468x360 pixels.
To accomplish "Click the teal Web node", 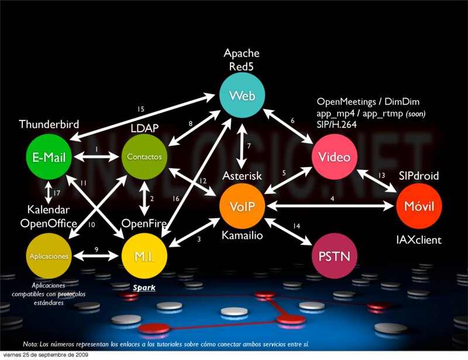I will pyautogui.click(x=242, y=96).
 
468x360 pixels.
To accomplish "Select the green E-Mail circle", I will pyautogui.click(x=49, y=157).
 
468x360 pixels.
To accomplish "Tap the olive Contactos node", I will pyautogui.click(x=144, y=157).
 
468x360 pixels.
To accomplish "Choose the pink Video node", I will pyautogui.click(x=334, y=157).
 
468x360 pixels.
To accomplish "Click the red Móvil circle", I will pyautogui.click(x=419, y=206).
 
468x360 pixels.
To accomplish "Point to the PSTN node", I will pyautogui.click(x=334, y=255).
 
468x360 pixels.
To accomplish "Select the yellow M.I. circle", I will pyautogui.click(x=144, y=255).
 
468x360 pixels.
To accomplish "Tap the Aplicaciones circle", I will pyautogui.click(x=49, y=256).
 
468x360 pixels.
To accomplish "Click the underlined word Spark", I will pyautogui.click(x=144, y=288).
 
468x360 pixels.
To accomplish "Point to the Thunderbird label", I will pyautogui.click(x=49, y=124).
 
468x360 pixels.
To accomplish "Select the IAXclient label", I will pyautogui.click(x=419, y=240).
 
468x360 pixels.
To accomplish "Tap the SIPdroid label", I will pyautogui.click(x=419, y=176).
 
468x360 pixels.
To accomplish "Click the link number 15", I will pyautogui.click(x=140, y=110).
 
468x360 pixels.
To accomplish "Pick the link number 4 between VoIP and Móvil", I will pyautogui.click(x=332, y=199).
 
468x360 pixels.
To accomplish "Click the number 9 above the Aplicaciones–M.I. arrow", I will pyautogui.click(x=97, y=250).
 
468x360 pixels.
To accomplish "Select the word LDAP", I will pyautogui.click(x=144, y=127).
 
